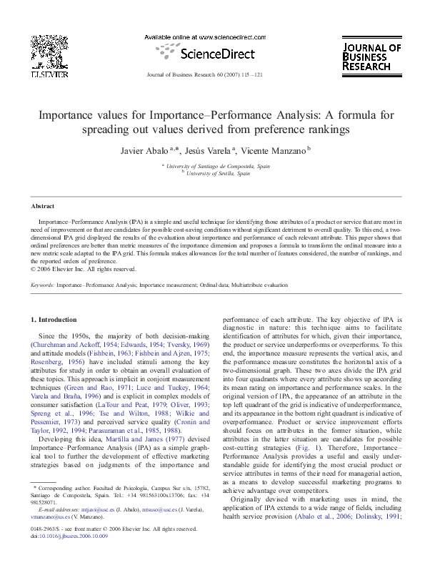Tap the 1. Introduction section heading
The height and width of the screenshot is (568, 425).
point(56,318)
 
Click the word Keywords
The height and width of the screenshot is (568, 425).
point(44,283)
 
